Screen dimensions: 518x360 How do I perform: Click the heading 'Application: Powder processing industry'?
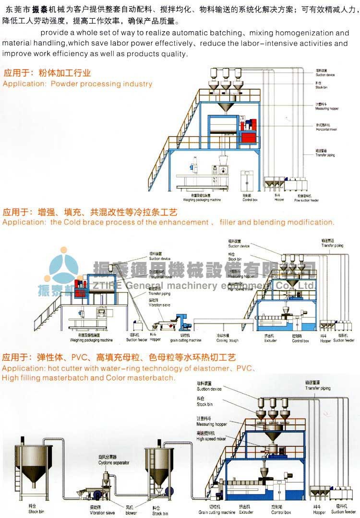(77, 84)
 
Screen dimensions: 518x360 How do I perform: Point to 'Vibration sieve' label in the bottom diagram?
(102, 513)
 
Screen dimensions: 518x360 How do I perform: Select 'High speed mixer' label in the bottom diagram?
(211, 439)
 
